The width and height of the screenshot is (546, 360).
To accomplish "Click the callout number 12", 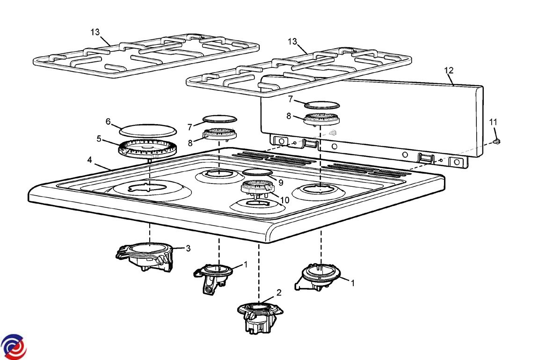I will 449,70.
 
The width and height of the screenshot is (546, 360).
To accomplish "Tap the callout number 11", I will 493,122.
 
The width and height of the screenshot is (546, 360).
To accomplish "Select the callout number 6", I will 108,122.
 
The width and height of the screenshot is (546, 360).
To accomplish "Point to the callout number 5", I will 99,139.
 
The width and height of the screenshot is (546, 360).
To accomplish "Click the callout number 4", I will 89,160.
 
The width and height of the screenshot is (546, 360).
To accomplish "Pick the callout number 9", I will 281,182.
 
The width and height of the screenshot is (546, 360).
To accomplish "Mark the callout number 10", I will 284,200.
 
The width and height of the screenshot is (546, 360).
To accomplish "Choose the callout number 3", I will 188,248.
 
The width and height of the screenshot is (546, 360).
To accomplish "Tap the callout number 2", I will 279,293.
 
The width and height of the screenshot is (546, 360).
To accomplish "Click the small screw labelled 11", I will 497,140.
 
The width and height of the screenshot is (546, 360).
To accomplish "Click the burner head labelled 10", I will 256,189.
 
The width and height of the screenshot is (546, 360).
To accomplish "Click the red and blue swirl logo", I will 14,347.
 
